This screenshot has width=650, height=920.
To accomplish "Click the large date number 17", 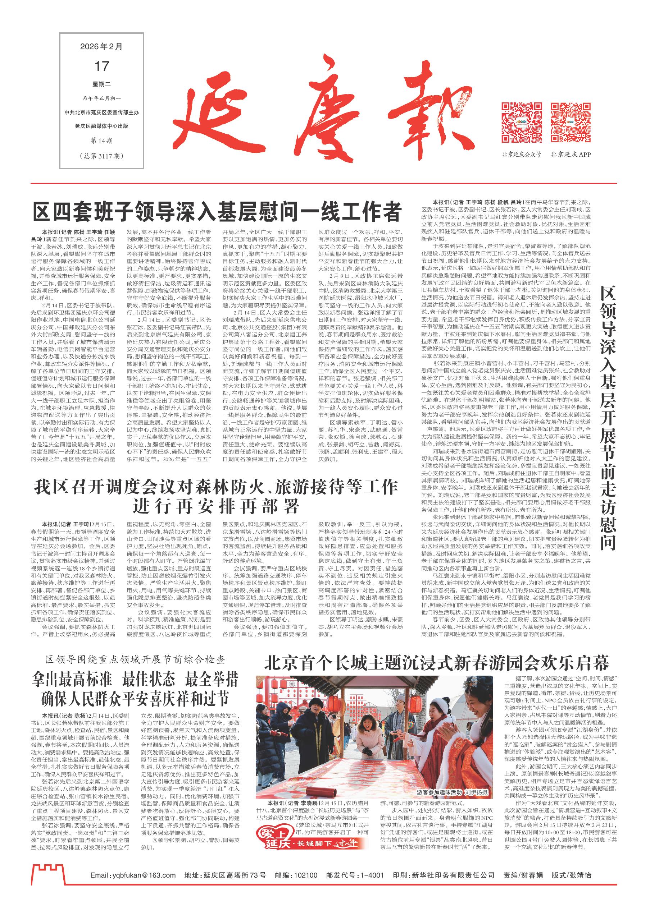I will [101, 66].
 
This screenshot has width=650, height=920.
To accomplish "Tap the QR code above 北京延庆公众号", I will [521, 122].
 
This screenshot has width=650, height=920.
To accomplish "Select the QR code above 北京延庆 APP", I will [570, 122].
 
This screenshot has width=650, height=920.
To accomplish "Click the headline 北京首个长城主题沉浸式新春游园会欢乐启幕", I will [437, 663].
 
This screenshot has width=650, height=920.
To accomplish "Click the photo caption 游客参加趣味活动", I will [440, 781].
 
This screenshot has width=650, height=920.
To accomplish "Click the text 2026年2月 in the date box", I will [101, 46].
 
